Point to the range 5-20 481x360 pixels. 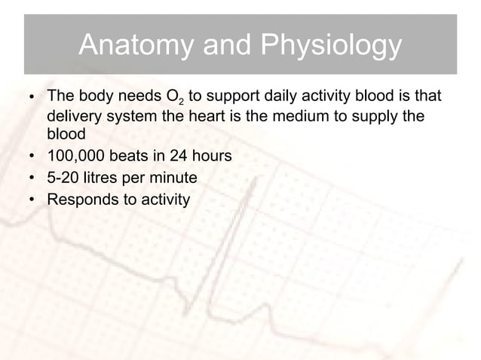pos(65,179)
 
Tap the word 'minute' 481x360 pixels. pos(174,179)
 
